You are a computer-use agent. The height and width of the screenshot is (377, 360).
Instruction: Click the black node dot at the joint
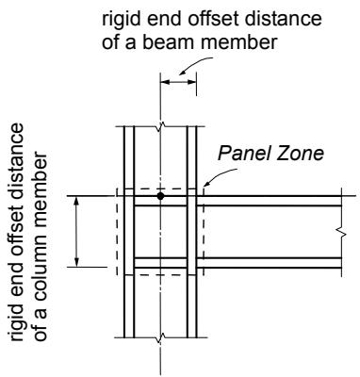click(x=160, y=196)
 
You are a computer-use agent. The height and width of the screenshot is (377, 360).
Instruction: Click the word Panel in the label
click(x=242, y=154)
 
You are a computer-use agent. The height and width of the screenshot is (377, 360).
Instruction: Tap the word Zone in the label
click(x=299, y=154)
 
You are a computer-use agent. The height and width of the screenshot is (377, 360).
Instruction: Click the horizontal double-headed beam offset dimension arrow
click(x=178, y=82)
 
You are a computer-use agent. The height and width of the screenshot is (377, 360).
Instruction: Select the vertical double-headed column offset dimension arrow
click(x=76, y=232)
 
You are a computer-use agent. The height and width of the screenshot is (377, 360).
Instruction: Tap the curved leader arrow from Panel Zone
click(x=220, y=174)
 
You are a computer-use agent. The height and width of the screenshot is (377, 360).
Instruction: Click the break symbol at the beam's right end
click(x=341, y=233)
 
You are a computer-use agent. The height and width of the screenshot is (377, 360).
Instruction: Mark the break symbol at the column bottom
click(x=160, y=337)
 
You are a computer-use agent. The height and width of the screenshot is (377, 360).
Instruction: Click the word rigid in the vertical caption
click(x=16, y=323)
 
